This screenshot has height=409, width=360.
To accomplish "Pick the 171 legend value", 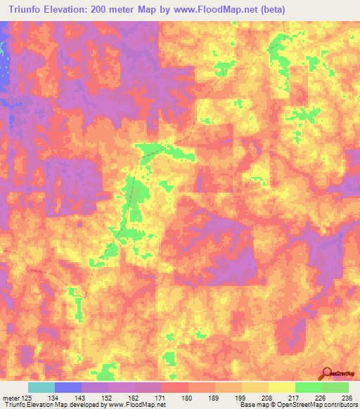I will (161, 398).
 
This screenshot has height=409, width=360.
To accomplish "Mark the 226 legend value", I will (321, 398).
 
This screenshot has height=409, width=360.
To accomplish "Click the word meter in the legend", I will (9, 398).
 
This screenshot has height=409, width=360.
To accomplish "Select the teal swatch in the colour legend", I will (41, 387).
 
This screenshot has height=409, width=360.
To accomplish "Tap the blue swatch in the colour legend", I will (67, 387).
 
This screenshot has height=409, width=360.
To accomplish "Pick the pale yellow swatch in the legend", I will (281, 387).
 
